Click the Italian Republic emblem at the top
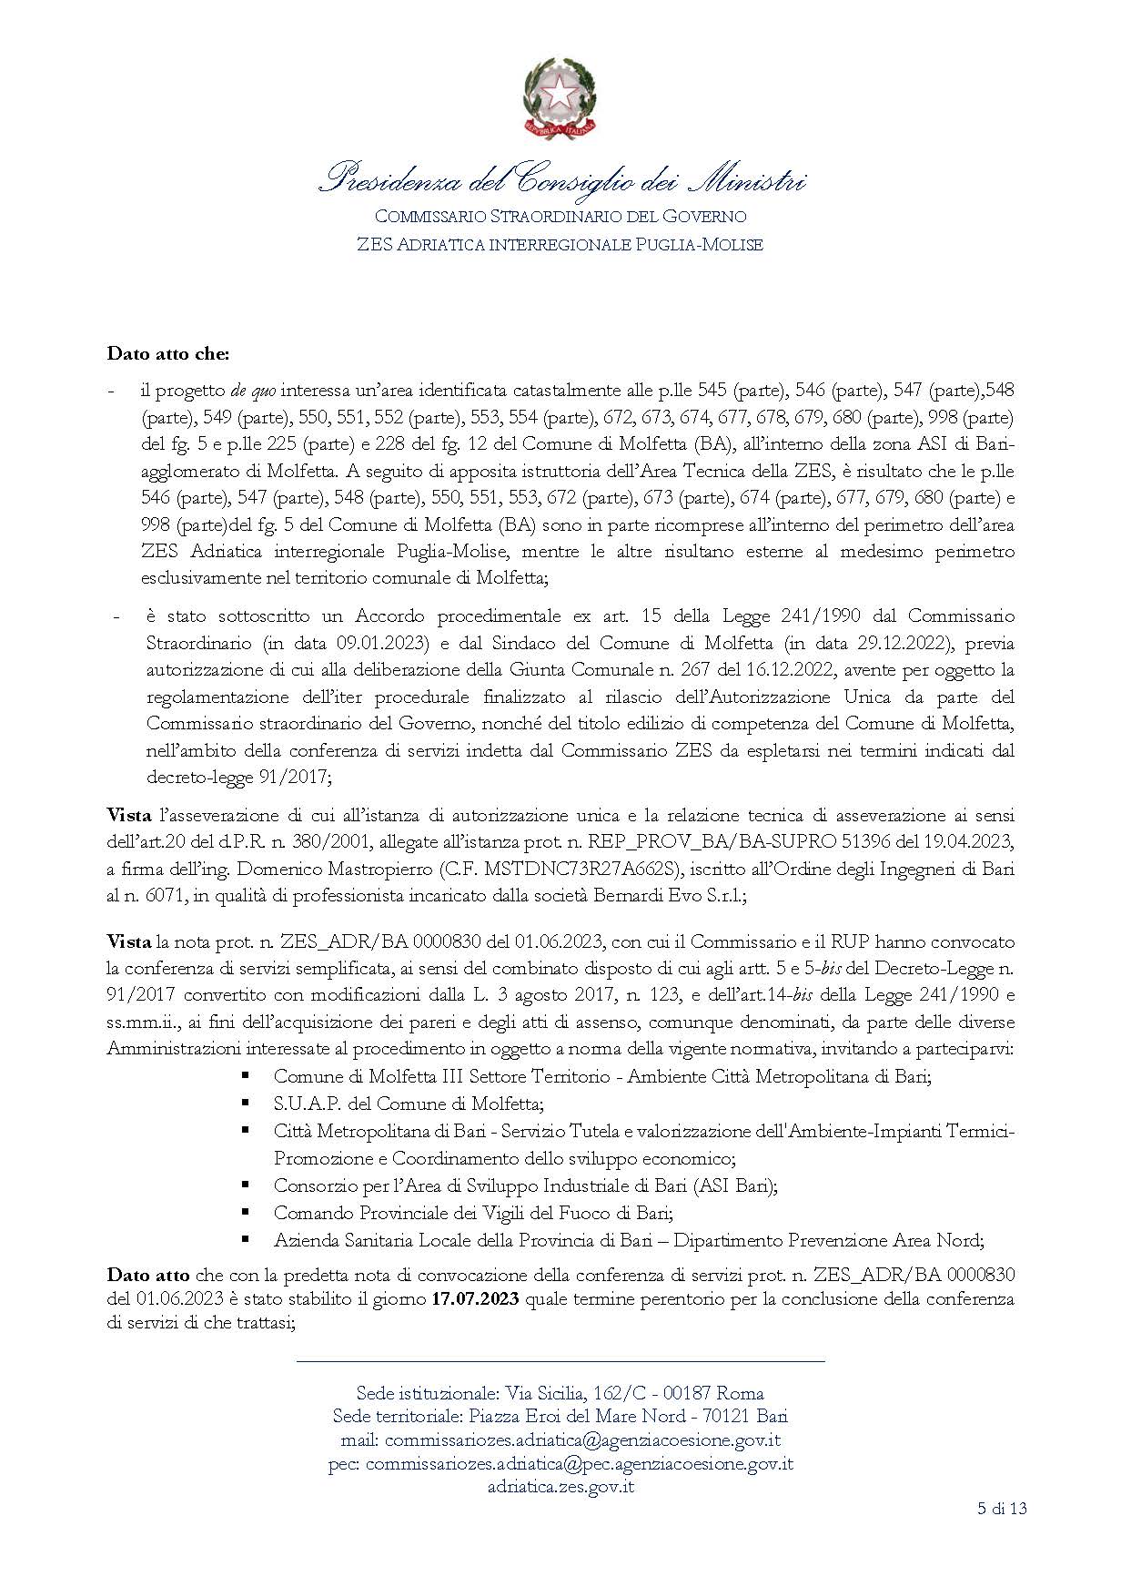[x=560, y=98]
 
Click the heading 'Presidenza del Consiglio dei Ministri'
[x=560, y=178]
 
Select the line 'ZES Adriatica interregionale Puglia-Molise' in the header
[x=560, y=244]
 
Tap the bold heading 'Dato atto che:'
[x=168, y=352]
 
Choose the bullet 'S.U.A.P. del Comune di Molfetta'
[x=409, y=1104]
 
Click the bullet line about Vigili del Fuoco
[x=473, y=1213]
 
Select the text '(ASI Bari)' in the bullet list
[x=734, y=1185]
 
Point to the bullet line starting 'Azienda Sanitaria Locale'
[x=629, y=1240]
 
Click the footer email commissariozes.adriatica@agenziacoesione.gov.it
[x=582, y=1440]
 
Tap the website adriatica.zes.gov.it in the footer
[x=560, y=1487]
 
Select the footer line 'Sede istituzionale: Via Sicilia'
[x=560, y=1393]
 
